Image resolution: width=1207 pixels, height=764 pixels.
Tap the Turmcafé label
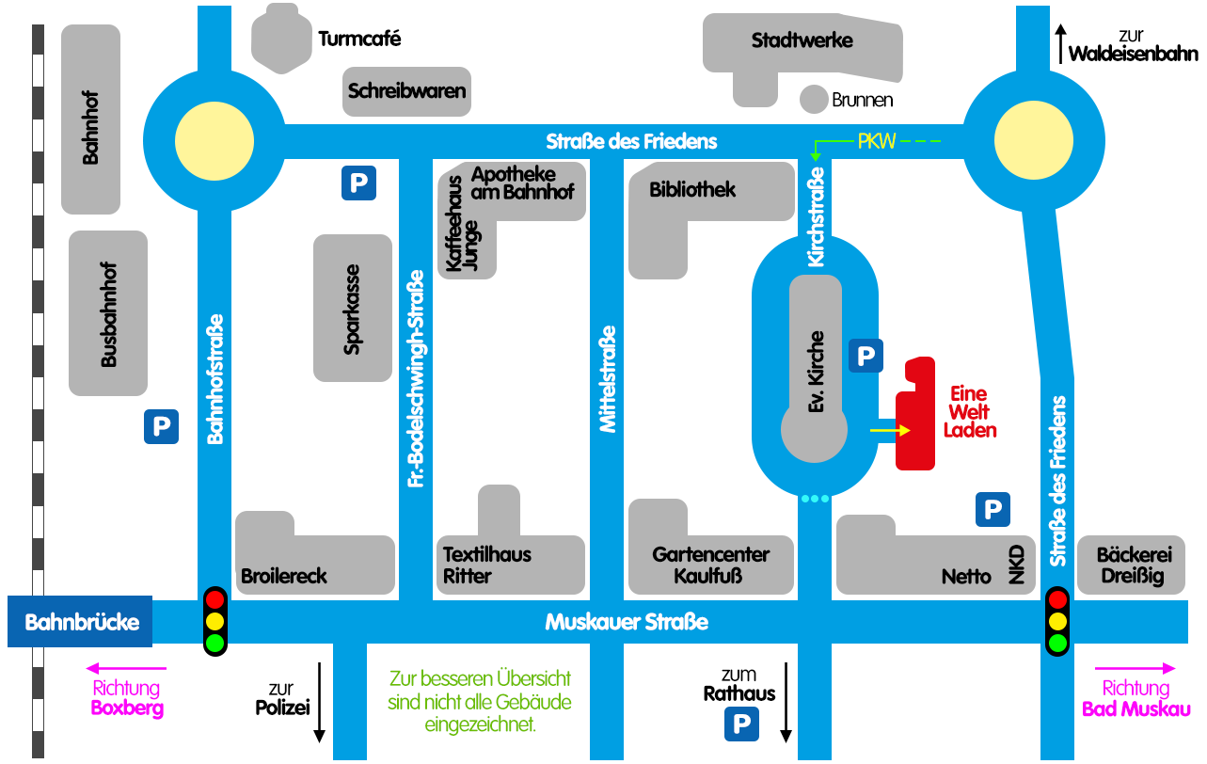coord(359,40)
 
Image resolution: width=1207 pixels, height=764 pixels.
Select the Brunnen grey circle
coord(813,98)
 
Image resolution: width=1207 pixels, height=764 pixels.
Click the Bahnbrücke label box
coord(81,622)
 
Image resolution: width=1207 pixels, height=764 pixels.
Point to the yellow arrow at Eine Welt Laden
coord(890,430)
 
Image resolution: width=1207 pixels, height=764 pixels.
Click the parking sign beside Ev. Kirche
coord(866,357)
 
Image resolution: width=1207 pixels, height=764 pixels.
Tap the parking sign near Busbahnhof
coord(161,427)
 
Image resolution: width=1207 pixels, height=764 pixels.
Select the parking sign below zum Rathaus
coord(740,724)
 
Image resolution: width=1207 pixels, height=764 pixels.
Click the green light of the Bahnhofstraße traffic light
coord(215,644)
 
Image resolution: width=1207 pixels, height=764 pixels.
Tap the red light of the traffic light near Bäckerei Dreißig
coord(1057,599)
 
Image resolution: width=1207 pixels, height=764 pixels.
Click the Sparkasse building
coord(353,308)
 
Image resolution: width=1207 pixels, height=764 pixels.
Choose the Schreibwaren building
coord(406,91)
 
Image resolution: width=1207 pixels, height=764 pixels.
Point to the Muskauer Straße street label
coord(627,623)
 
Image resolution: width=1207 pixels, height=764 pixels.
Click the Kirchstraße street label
coord(816,216)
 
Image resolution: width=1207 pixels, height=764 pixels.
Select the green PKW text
coord(876,142)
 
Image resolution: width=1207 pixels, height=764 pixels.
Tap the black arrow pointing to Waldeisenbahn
coord(1060,43)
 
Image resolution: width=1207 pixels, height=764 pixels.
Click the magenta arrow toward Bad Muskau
coord(1136,668)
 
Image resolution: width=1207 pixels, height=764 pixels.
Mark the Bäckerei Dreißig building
coord(1130,565)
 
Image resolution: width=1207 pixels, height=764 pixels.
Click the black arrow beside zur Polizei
coord(320,702)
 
